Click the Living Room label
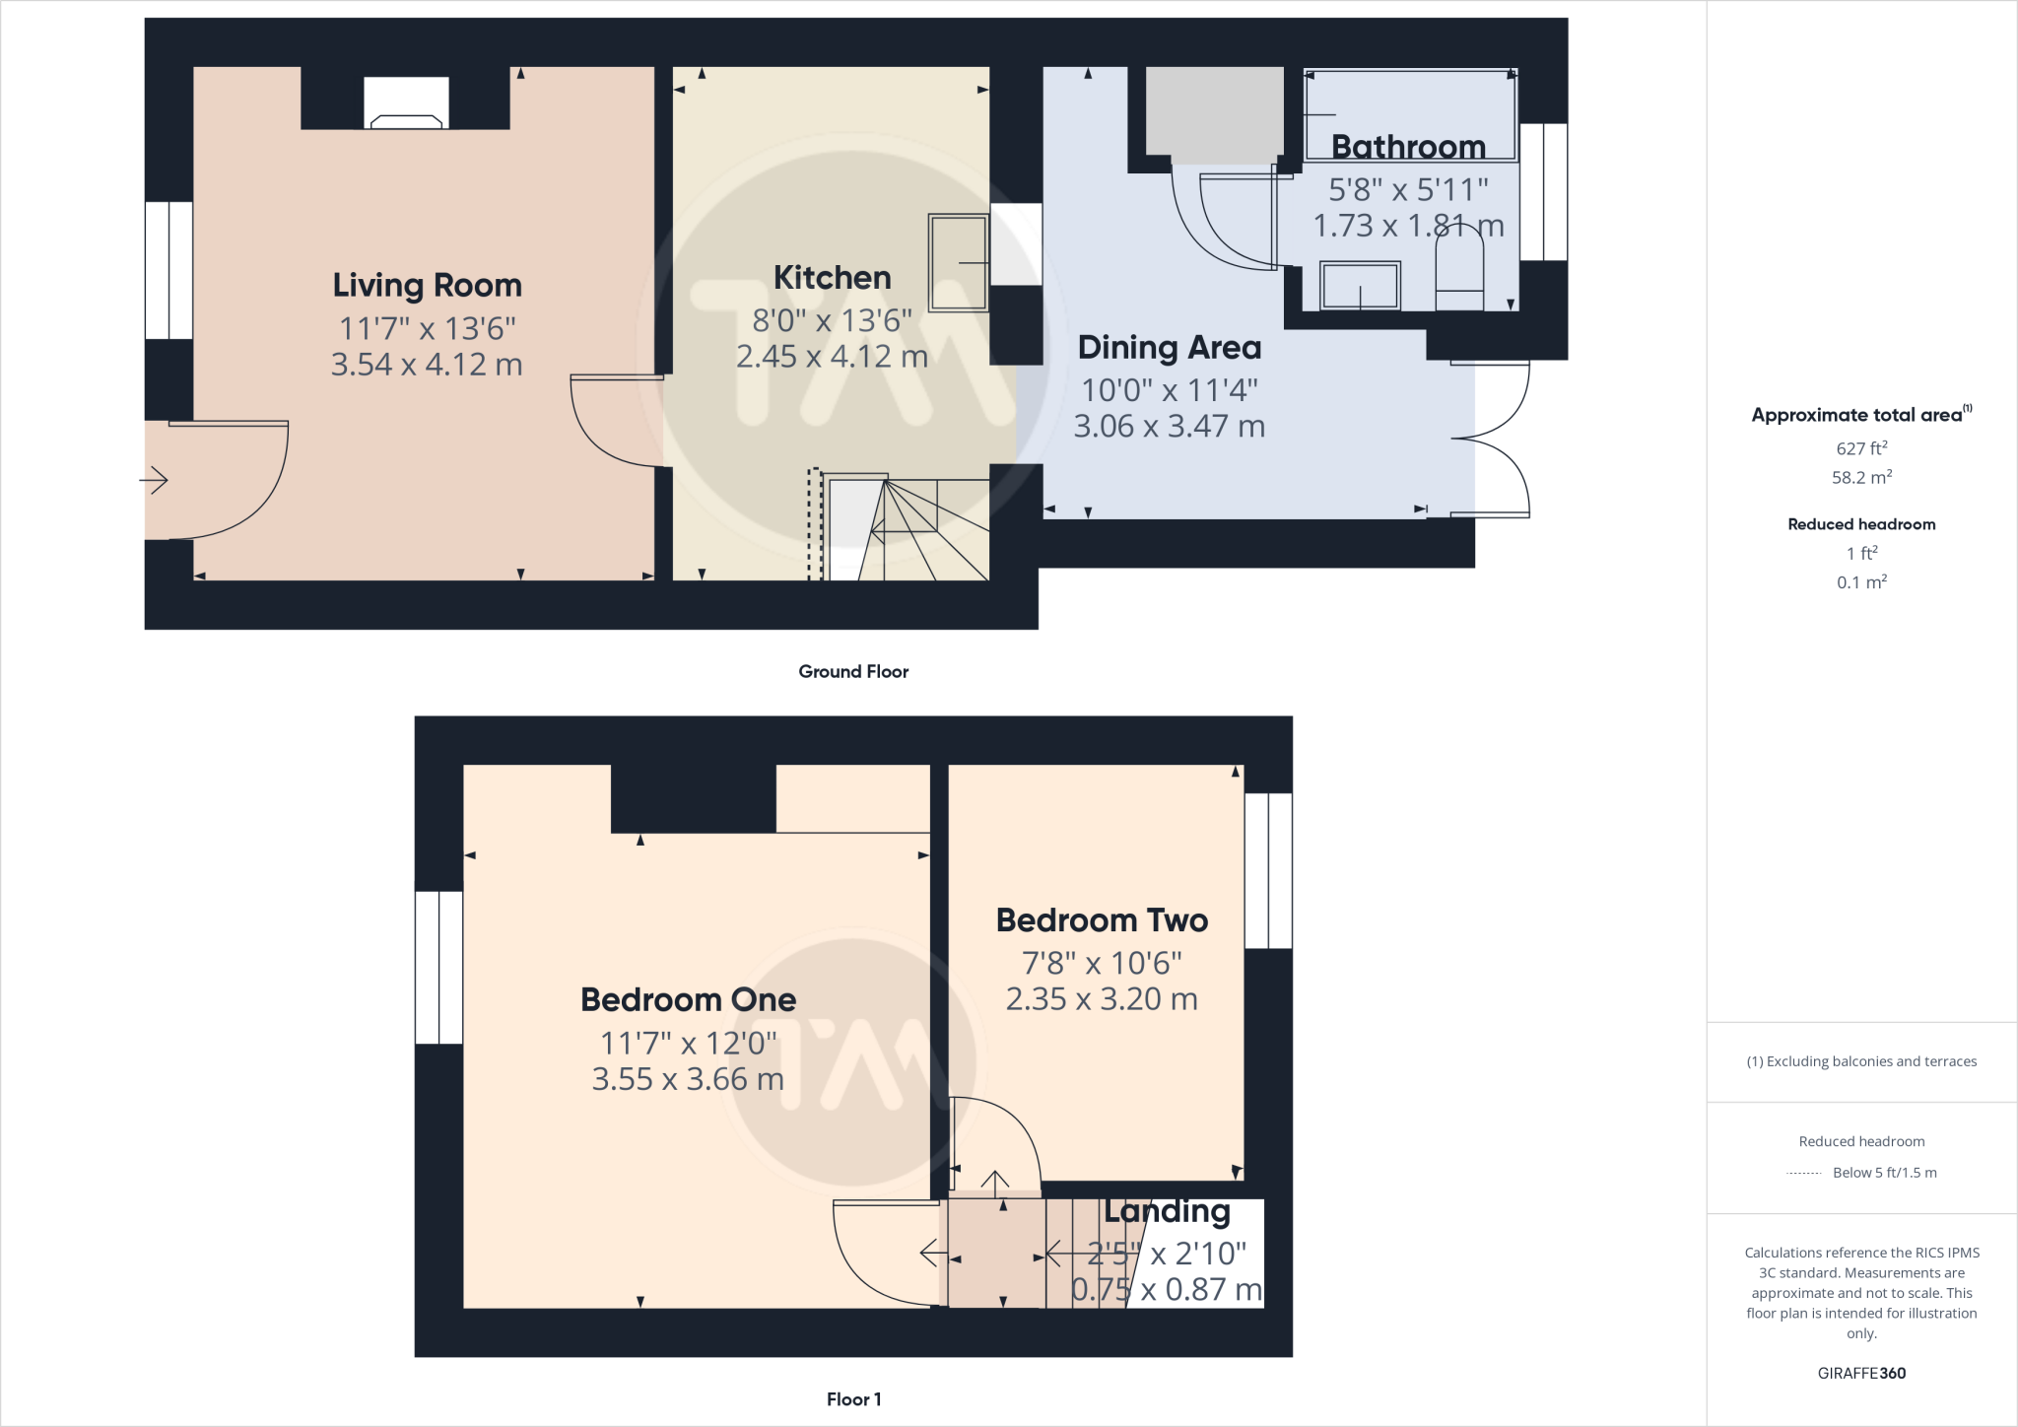pos(427,286)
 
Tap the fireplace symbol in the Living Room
pos(406,104)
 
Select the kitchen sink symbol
pos(958,262)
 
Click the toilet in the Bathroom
pos(1459,267)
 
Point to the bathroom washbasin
pos(1360,286)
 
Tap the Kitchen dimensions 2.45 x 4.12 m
pos(832,357)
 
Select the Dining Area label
pos(1169,348)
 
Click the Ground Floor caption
pos(853,672)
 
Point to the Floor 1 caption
pos(853,1399)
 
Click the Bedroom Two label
pos(1102,920)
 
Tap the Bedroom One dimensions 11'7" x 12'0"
pos(689,1043)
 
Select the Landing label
pos(1167,1211)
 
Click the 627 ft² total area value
pos(1861,448)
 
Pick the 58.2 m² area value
pos(1861,478)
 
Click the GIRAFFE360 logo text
pos(1861,1373)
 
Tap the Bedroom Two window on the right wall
pos(1268,871)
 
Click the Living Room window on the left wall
pos(168,270)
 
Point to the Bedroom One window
pos(438,967)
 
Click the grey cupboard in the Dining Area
pos(1215,113)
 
